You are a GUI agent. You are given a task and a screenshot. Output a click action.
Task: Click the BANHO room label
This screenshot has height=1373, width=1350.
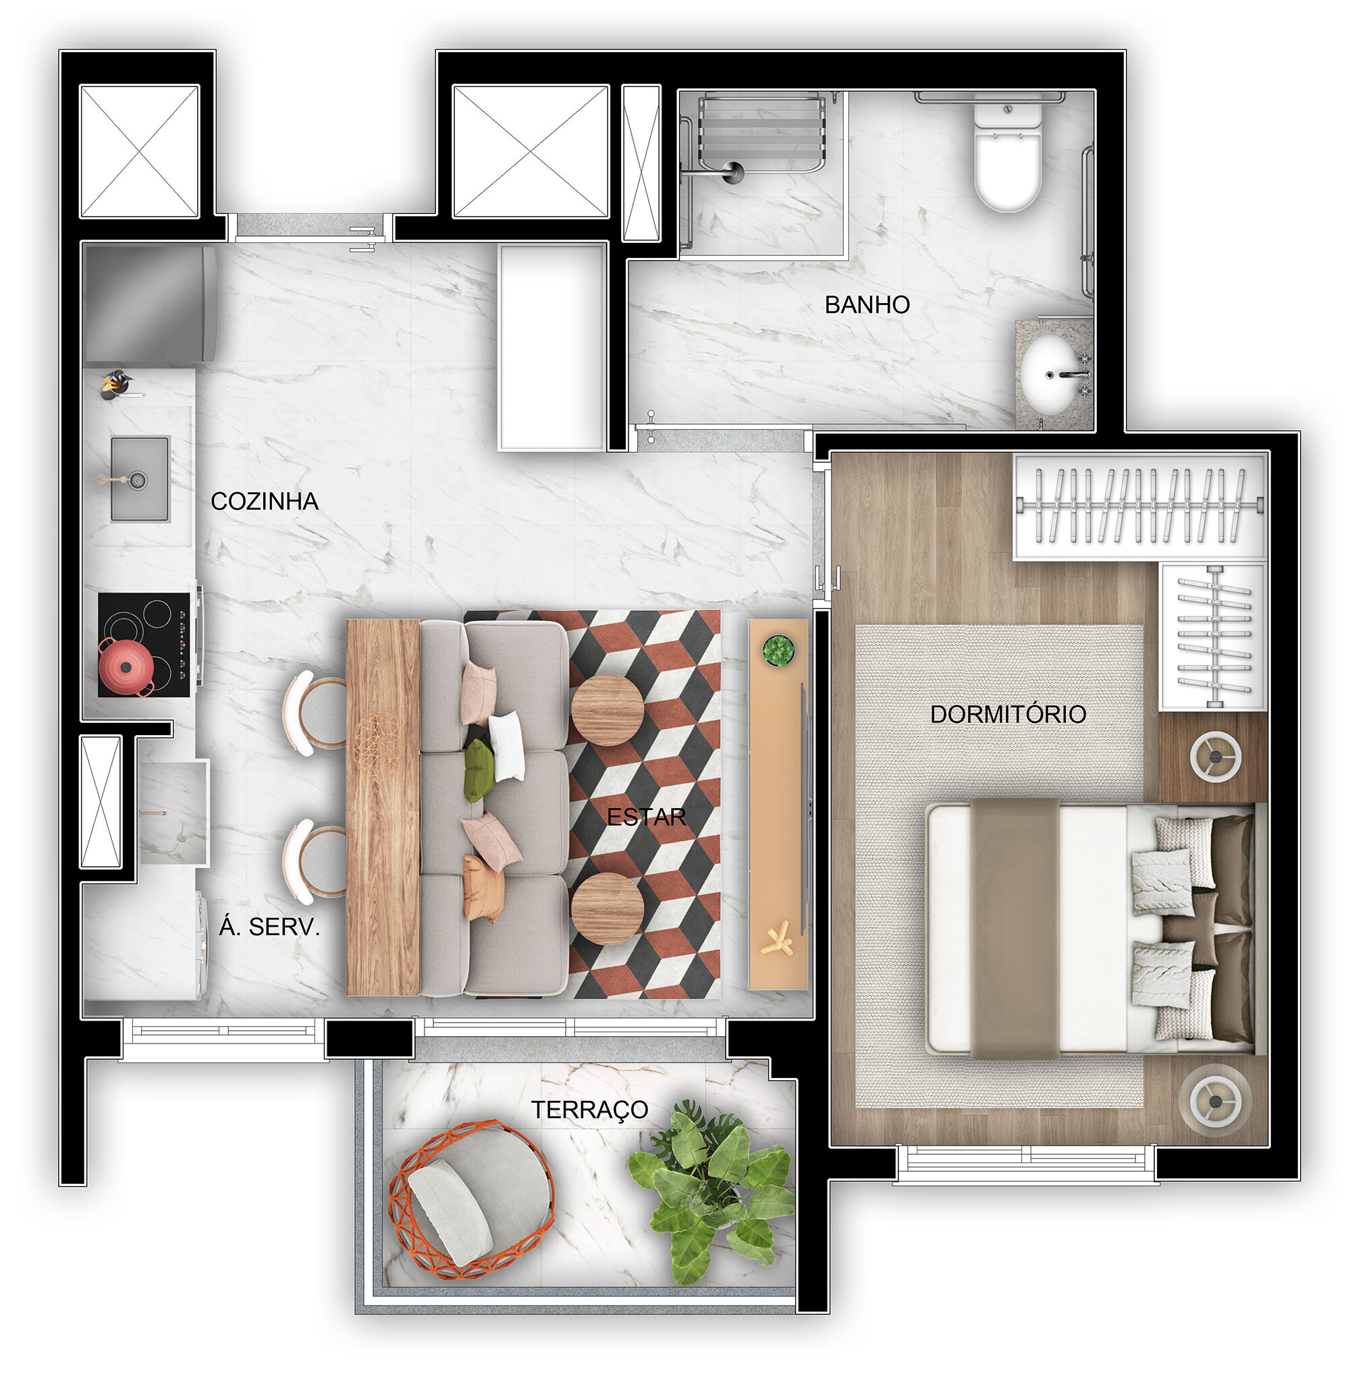coord(867,305)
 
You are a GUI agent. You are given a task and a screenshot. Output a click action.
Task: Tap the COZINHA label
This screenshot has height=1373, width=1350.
coord(265,502)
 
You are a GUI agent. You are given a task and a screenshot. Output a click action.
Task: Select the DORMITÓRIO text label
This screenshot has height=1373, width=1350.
coord(1008,714)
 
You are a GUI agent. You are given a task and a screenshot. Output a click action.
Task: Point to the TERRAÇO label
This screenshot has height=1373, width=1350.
coord(589,1110)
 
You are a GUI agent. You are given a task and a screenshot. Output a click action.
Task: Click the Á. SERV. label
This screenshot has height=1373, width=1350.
coord(269,927)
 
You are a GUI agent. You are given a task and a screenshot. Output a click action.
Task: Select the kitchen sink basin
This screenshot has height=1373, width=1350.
coord(140,478)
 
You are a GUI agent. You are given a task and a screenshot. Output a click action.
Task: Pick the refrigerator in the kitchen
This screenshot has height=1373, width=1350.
coord(150,304)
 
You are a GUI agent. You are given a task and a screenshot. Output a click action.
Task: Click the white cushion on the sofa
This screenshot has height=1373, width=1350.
coord(506,746)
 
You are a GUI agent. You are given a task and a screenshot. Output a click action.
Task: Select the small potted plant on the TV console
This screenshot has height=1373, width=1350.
coord(778,649)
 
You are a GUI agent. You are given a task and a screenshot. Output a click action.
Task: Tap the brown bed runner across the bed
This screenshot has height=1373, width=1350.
coord(1015,928)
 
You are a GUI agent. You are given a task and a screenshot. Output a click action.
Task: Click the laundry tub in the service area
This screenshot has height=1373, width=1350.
coord(173,813)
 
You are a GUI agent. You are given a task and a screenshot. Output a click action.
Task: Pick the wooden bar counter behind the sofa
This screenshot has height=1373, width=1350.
coord(383,807)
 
